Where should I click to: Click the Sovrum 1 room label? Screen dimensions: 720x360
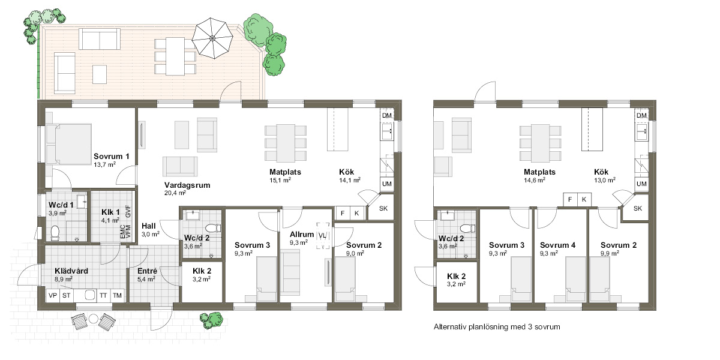(x=111, y=157)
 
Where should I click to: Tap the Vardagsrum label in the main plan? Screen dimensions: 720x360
(x=187, y=185)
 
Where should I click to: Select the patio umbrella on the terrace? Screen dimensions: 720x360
(x=212, y=38)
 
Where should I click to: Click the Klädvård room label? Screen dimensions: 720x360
(x=71, y=271)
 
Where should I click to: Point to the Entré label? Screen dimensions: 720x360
(x=147, y=271)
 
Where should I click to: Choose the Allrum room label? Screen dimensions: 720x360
(x=301, y=235)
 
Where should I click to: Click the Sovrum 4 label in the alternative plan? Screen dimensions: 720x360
(x=557, y=245)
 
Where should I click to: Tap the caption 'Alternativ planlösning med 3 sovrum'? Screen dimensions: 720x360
(x=497, y=327)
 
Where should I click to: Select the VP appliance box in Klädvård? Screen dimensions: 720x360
(x=53, y=295)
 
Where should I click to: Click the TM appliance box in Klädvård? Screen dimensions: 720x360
(x=117, y=295)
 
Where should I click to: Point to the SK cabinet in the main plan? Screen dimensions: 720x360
(x=383, y=209)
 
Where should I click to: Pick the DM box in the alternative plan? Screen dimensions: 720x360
(x=641, y=115)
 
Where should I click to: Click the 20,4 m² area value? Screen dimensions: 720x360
(x=175, y=193)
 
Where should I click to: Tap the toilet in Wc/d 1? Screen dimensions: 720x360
(x=55, y=233)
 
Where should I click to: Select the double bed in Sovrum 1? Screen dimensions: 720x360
(x=69, y=144)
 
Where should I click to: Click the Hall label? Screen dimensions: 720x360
(x=149, y=226)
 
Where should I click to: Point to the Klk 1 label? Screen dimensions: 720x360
(x=110, y=212)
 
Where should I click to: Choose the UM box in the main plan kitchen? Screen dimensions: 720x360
(x=386, y=184)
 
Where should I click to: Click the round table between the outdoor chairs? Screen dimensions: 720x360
(x=93, y=319)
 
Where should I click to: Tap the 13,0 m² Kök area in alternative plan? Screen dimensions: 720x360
(x=605, y=181)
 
